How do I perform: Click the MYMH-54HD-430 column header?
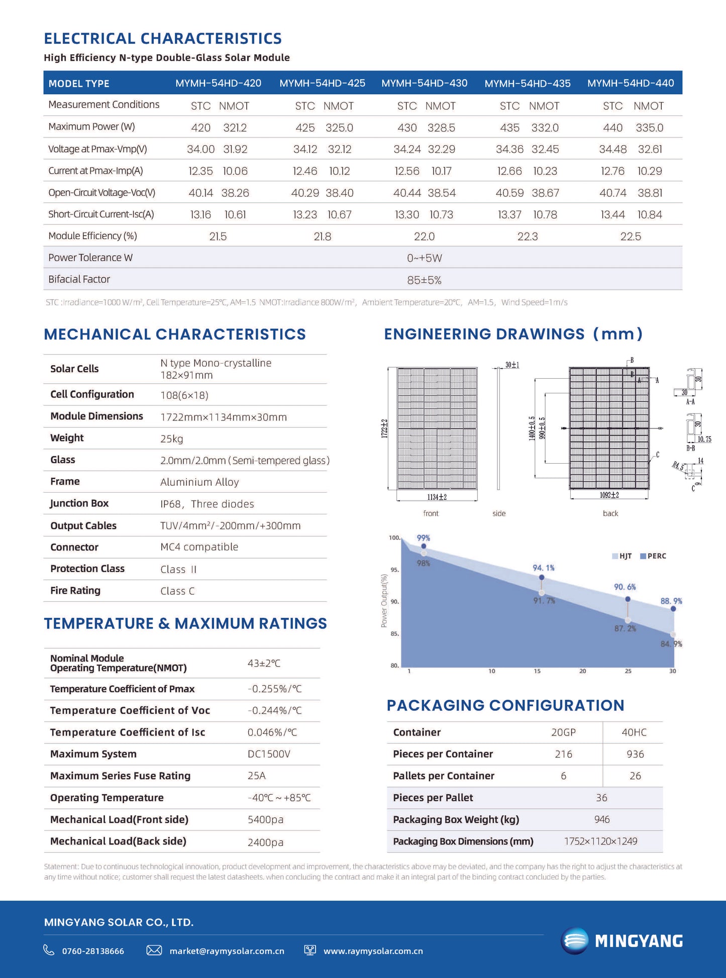click(424, 83)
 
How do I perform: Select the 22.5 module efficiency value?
click(631, 237)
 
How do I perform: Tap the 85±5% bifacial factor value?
click(424, 280)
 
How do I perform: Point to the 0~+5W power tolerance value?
click(424, 258)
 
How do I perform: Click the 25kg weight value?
click(172, 439)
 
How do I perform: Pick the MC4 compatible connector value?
click(199, 547)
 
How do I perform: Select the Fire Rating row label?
click(75, 591)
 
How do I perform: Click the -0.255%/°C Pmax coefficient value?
click(274, 689)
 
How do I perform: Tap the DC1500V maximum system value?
click(269, 754)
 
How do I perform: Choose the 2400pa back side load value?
click(265, 842)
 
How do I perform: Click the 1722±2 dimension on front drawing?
click(384, 428)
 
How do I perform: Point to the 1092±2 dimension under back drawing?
click(609, 495)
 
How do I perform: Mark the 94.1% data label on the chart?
click(544, 568)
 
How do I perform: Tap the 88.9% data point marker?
click(673, 609)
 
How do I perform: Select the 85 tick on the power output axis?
click(394, 634)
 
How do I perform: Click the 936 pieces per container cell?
click(635, 754)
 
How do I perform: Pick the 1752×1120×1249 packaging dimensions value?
click(600, 841)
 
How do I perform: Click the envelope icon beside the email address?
click(154, 950)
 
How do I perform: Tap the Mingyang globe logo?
click(574, 940)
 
